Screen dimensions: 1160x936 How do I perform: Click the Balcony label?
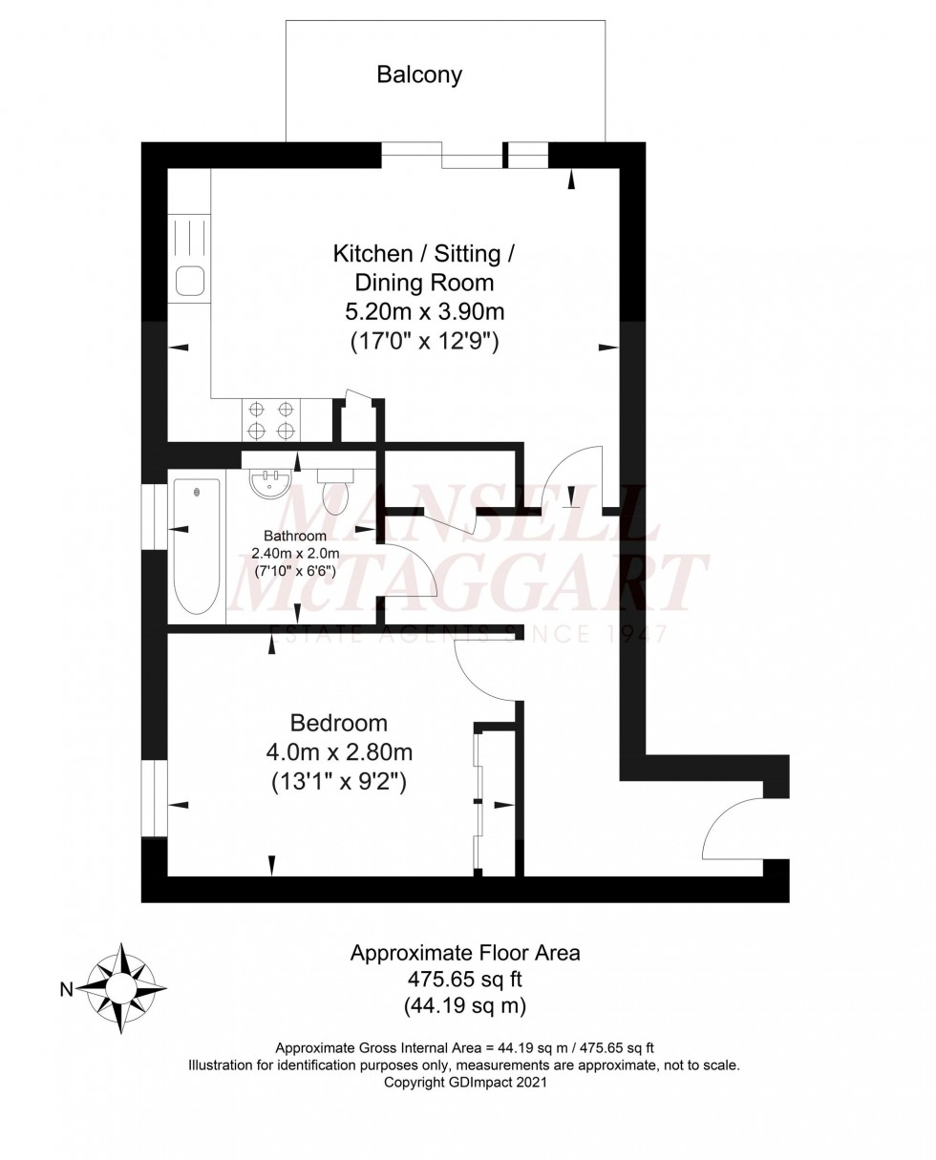click(x=419, y=75)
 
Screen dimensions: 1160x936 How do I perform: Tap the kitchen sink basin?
click(x=189, y=281)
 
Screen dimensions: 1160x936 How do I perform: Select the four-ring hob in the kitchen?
click(x=270, y=419)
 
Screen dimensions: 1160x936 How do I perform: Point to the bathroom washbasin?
click(x=270, y=483)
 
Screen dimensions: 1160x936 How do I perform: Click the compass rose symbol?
click(x=121, y=988)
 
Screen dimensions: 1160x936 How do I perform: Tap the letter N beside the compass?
click(x=66, y=990)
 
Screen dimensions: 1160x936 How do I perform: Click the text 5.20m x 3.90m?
click(x=425, y=311)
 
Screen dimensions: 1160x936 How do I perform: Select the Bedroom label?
click(x=339, y=723)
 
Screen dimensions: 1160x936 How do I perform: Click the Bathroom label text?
click(x=295, y=537)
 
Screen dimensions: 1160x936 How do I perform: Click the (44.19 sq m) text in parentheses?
click(x=464, y=1004)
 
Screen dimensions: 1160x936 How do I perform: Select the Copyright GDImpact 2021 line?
click(x=464, y=1083)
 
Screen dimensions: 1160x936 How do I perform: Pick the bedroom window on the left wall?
click(x=154, y=798)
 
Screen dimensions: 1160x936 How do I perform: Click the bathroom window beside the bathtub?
click(x=154, y=517)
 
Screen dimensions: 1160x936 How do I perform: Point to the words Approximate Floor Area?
click(x=464, y=952)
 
